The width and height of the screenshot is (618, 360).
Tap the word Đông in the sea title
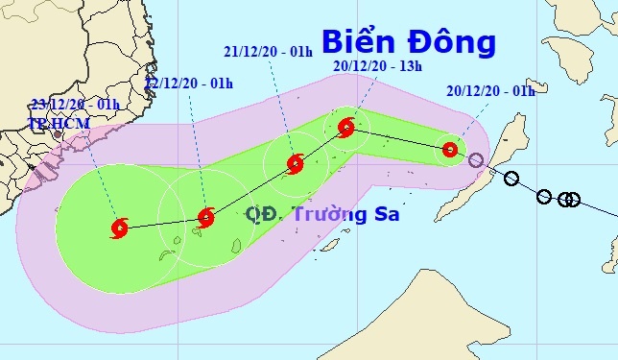pos(450,41)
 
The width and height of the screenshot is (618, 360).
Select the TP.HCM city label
pos(49,123)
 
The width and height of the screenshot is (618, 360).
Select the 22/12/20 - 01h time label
pos(189,84)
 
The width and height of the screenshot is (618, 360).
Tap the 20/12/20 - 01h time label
pos(490,91)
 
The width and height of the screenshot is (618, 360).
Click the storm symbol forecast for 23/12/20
pos(120,228)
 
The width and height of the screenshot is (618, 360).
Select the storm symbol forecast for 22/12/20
pos(204,218)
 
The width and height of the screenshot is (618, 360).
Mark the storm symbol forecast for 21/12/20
pos(295,163)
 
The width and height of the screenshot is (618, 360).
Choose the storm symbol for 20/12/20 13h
pos(346,126)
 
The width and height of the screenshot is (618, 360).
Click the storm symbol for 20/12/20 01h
pos(449,149)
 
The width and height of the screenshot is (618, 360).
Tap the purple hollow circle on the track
pos(476,159)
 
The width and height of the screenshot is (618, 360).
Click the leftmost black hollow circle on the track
pos(511,178)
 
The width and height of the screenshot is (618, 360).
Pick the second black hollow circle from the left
pos(544,197)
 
